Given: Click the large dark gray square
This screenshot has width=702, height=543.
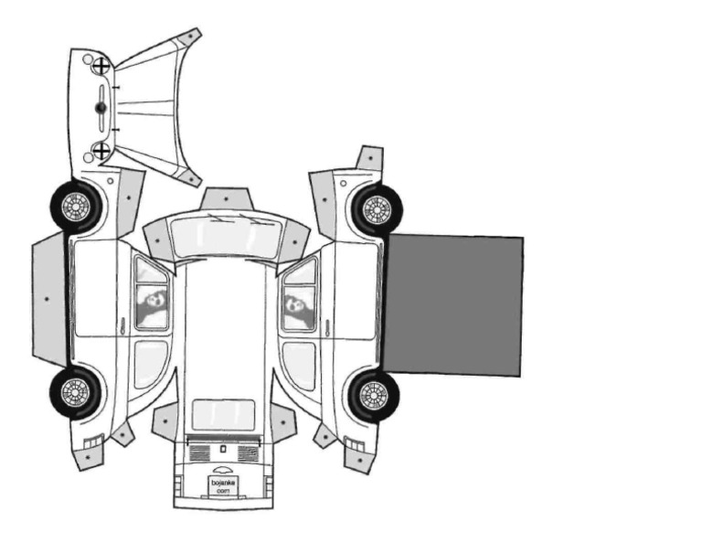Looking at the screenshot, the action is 452,304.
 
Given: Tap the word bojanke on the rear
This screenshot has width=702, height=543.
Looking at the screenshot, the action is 223,483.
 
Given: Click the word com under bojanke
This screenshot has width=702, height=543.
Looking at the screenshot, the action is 223,491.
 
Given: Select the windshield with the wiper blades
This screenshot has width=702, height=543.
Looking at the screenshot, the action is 226,237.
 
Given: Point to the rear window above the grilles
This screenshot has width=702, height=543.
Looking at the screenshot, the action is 223,415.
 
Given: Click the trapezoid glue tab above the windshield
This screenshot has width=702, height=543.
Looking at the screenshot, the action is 226,198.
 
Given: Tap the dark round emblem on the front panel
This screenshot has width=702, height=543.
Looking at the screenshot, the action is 101,108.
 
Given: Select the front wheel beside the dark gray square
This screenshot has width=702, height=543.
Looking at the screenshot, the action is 377,209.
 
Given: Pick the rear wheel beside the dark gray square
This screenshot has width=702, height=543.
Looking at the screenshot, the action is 374,396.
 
